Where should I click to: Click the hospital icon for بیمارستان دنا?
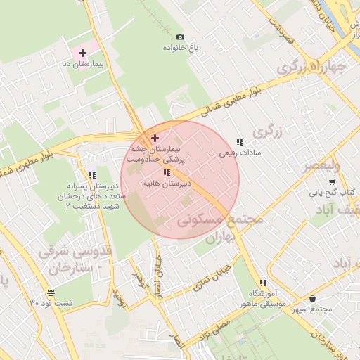tap(82, 52)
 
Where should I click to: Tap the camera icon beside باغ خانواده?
tap(180, 37)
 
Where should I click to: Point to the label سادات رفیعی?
tap(240, 152)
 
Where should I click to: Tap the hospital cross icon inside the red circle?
tap(155, 138)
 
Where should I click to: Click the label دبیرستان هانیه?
tap(167, 183)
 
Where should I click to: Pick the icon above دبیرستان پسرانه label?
tap(91, 175)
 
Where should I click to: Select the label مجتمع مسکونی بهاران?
tap(221, 228)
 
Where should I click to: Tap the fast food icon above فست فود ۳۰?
tap(51, 292)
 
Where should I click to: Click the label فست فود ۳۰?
tap(51, 303)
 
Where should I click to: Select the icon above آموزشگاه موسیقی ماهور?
tap(263, 283)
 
